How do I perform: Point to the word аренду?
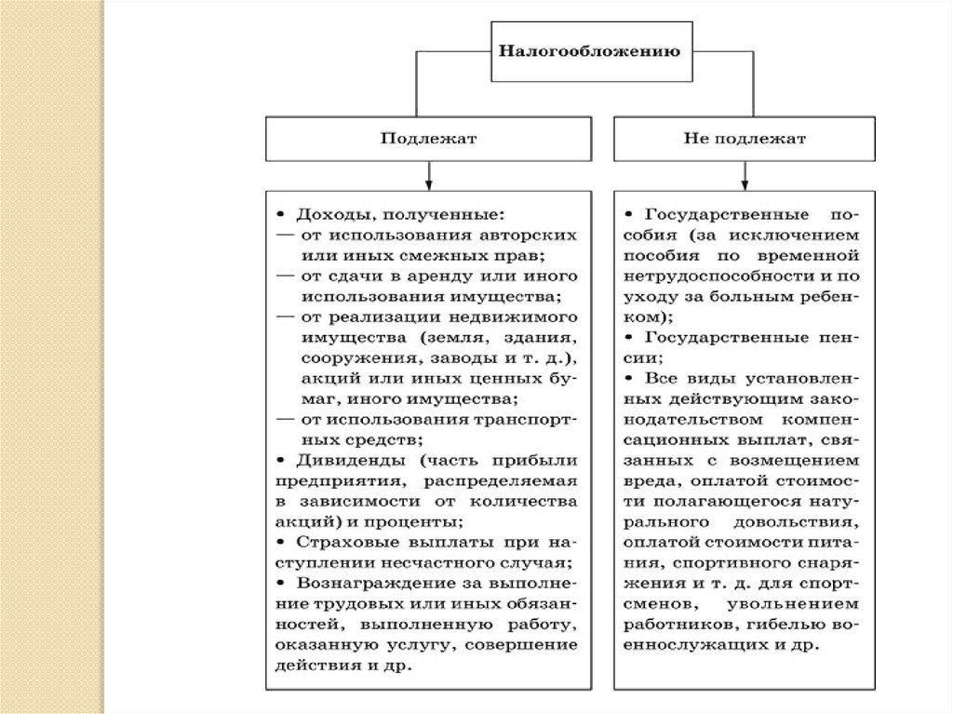(449, 276)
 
